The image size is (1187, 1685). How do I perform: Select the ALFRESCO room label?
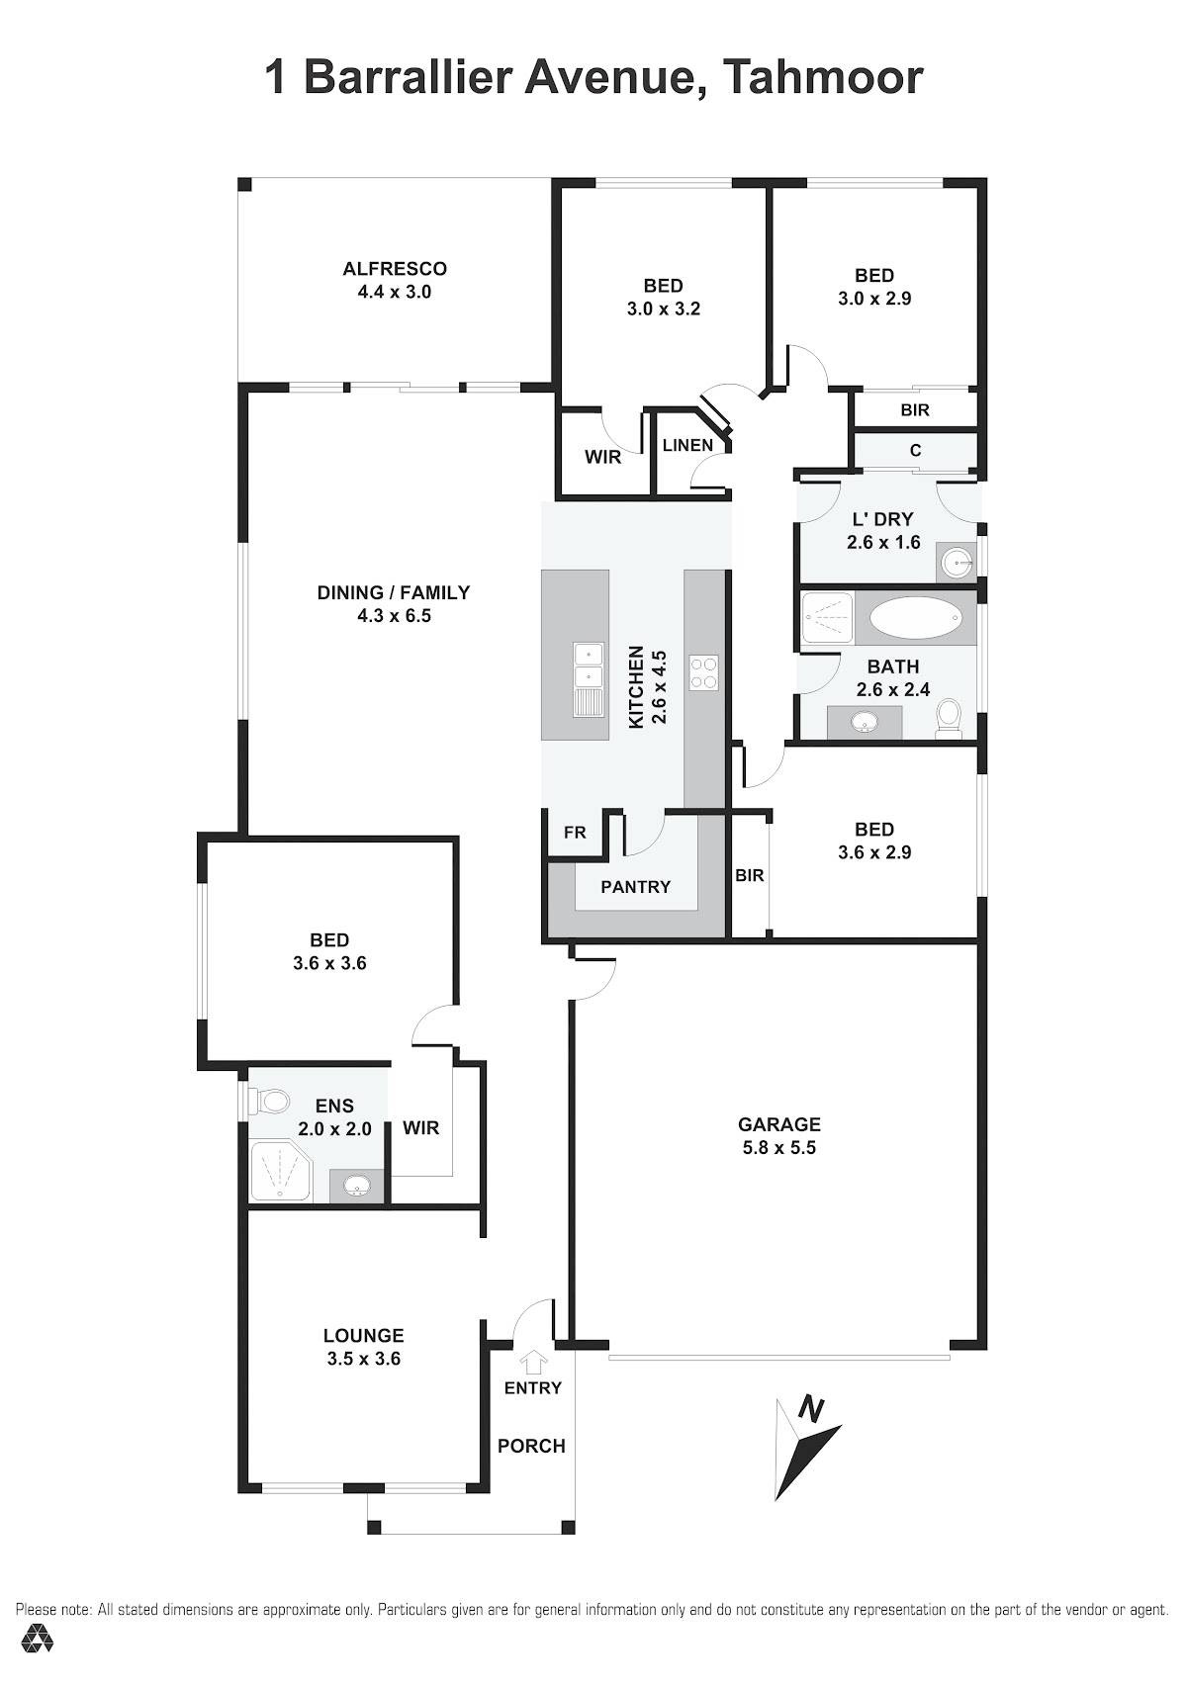point(395,269)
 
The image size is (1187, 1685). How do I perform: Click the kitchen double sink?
point(588,677)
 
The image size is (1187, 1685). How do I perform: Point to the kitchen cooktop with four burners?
point(703,672)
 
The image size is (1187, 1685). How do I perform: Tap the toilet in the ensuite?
point(269,1103)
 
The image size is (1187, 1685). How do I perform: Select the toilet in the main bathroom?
point(949,719)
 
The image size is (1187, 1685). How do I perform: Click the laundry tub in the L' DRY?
point(958,561)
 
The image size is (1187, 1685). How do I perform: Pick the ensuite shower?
point(280,1171)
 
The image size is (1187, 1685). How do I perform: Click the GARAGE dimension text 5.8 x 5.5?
point(779,1147)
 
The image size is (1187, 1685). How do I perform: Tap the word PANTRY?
point(635,887)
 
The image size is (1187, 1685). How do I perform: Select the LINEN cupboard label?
point(687,445)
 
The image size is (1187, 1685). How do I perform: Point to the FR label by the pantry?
point(575,832)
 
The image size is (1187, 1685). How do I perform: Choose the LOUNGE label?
point(364,1335)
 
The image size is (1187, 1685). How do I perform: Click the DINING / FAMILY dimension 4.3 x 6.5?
point(394,616)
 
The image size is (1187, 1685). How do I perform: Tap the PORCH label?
point(531,1446)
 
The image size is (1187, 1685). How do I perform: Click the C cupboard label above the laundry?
point(915,451)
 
